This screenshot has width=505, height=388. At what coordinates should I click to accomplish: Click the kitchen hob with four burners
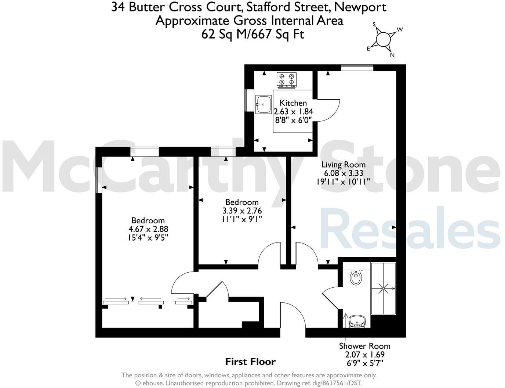tap(287, 80)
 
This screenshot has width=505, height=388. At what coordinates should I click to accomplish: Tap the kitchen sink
tap(264, 104)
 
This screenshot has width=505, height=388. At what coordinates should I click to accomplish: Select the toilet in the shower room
tap(356, 277)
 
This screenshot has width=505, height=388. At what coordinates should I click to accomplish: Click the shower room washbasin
tap(357, 321)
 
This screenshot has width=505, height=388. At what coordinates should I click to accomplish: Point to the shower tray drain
tap(384, 288)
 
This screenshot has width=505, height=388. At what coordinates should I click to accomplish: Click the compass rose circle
tap(383, 39)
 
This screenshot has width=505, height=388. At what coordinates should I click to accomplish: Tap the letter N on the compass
tap(392, 55)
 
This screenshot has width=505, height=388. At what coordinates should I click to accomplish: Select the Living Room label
tap(344, 165)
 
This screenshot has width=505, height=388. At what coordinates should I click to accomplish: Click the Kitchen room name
tap(293, 103)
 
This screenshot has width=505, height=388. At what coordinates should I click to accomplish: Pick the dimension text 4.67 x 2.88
tap(148, 229)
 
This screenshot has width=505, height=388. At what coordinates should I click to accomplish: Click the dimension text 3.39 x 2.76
tap(242, 211)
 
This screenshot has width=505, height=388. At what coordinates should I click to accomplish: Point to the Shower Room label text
tap(365, 346)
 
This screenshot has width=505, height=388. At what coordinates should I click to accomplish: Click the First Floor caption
tap(250, 362)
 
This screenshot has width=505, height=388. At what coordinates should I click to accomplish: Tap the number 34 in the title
tap(118, 7)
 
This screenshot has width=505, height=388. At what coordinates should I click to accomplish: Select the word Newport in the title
tap(360, 7)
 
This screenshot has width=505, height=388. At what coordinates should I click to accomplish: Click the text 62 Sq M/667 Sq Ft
tap(252, 34)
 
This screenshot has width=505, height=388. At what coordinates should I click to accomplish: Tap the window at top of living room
tap(357, 68)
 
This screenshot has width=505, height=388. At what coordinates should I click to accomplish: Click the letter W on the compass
tap(400, 29)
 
